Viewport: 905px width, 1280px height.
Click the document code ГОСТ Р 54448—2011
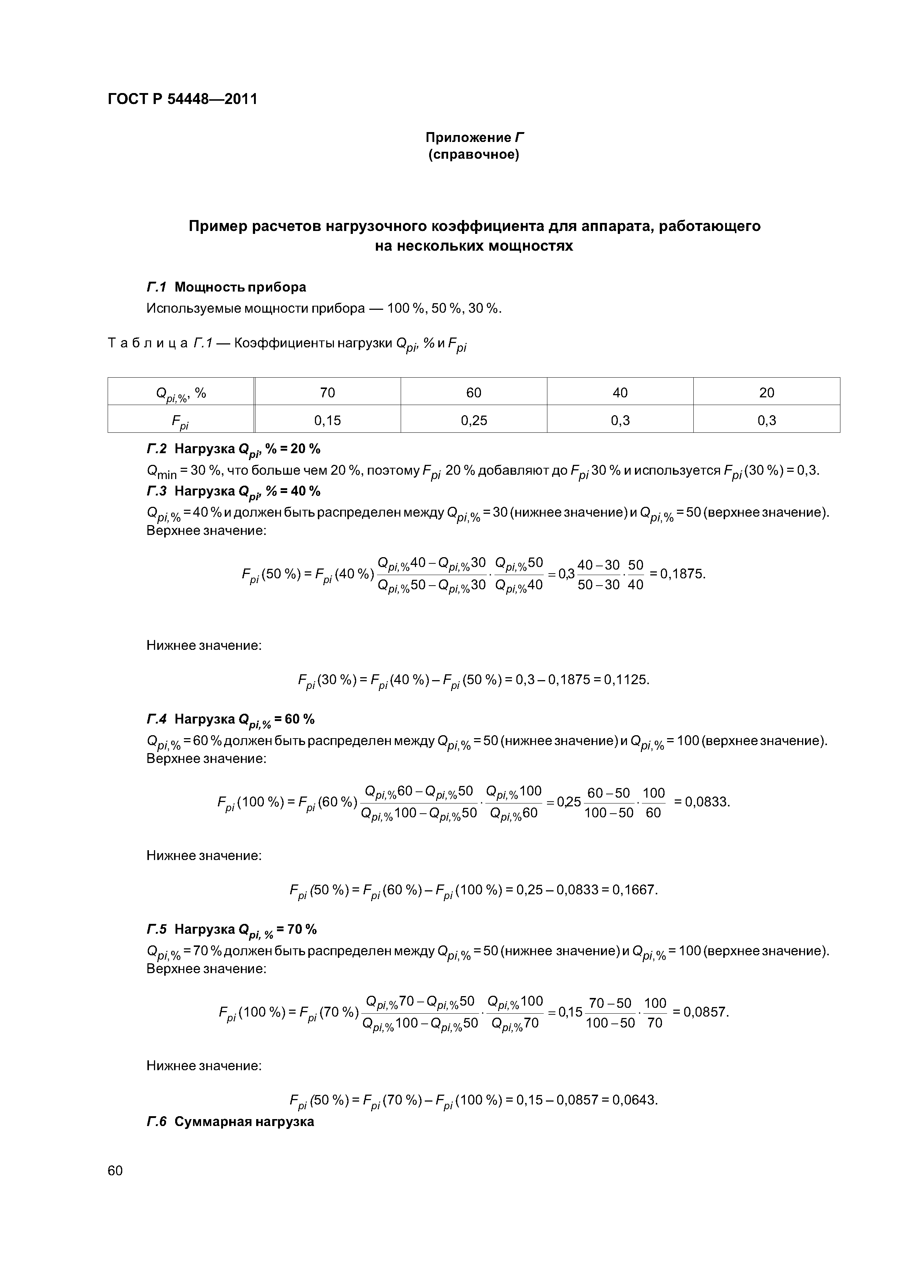point(182,99)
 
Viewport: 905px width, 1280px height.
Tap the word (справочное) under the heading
point(473,154)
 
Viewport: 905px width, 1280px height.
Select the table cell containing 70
point(327,393)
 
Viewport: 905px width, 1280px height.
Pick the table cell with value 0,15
point(327,420)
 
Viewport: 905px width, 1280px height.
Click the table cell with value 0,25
point(473,420)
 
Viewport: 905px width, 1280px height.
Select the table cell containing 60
point(473,393)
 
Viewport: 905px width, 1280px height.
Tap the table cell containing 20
point(767,393)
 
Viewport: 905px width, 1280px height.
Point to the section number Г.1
point(157,287)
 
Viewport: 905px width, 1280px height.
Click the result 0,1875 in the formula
point(682,573)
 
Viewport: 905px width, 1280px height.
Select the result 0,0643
point(635,1100)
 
